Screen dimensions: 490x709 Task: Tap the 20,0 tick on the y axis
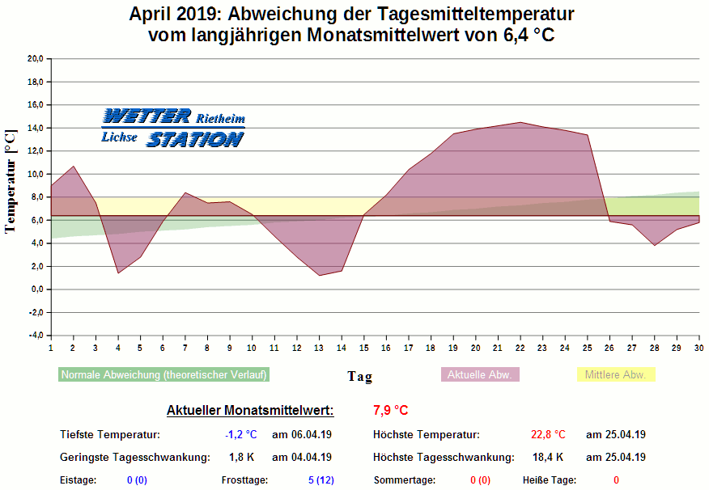click(35, 59)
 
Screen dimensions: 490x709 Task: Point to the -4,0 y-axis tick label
click(35, 336)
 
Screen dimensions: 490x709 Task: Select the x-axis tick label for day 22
click(520, 348)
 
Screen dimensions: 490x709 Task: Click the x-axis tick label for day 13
click(319, 348)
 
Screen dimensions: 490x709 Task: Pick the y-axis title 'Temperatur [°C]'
click(11, 180)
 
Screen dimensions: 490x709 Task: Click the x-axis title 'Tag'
click(360, 376)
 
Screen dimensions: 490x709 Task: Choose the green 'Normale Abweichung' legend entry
click(163, 374)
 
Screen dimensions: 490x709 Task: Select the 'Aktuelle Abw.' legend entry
click(480, 374)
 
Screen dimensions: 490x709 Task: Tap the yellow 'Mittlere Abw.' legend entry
click(615, 374)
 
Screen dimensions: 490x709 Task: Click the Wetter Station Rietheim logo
click(172, 128)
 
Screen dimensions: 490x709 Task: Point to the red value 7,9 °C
click(391, 410)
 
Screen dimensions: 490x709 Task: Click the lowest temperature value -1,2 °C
click(240, 434)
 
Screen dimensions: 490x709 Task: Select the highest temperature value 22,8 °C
click(548, 434)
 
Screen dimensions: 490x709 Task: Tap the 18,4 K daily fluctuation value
click(548, 457)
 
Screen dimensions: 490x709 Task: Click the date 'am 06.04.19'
click(301, 434)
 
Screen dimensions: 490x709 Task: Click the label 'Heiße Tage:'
click(550, 480)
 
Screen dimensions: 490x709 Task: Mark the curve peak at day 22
click(520, 123)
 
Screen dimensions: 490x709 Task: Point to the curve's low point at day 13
click(319, 276)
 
